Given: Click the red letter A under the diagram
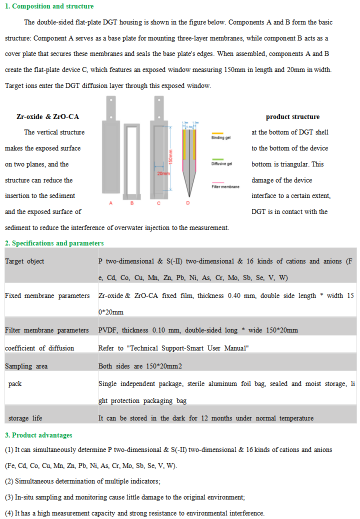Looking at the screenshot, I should click(110, 203).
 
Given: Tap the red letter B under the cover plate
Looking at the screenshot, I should click(131, 203).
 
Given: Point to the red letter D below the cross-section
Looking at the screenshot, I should click(188, 203).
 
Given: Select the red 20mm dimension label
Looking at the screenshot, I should click(163, 173).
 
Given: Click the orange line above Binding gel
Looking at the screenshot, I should click(218, 131).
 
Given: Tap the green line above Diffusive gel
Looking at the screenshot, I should click(218, 158).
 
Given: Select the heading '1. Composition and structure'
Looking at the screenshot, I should click(49, 6).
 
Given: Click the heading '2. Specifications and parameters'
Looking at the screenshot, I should click(54, 243).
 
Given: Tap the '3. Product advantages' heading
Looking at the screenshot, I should click(38, 435).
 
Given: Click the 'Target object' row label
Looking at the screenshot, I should click(24, 261).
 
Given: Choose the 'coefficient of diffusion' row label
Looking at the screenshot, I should click(39, 348).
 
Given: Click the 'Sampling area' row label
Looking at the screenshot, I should click(26, 366).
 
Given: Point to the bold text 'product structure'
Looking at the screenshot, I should click(292, 116).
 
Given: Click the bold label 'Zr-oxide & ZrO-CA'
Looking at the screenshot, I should click(47, 116).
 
